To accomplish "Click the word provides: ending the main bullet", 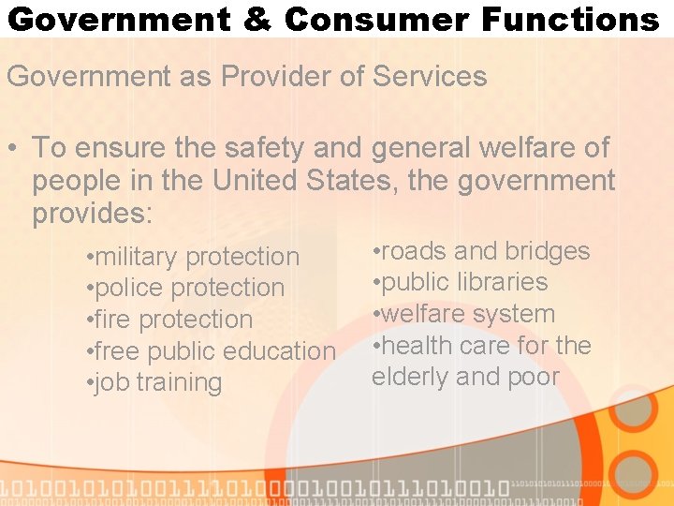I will click(92, 213).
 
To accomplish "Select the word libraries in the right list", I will click(503, 282).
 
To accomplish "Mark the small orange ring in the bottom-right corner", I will click(634, 473).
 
